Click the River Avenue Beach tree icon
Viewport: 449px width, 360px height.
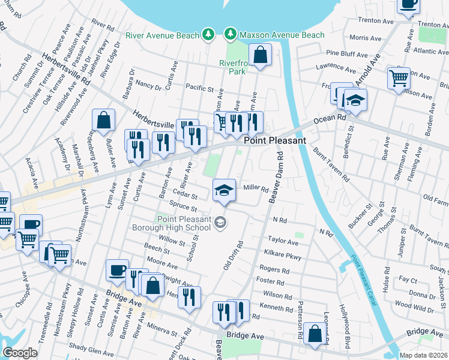point(208,34)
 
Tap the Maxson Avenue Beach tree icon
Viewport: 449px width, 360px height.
point(230,34)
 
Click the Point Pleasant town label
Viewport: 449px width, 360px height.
point(275,140)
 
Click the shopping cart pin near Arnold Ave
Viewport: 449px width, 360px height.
point(399,79)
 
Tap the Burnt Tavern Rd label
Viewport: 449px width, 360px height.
point(331,165)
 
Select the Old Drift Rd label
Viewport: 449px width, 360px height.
point(233,256)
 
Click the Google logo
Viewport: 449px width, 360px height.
point(20,353)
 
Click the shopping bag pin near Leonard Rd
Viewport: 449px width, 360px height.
point(315,333)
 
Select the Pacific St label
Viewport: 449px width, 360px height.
point(199,89)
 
